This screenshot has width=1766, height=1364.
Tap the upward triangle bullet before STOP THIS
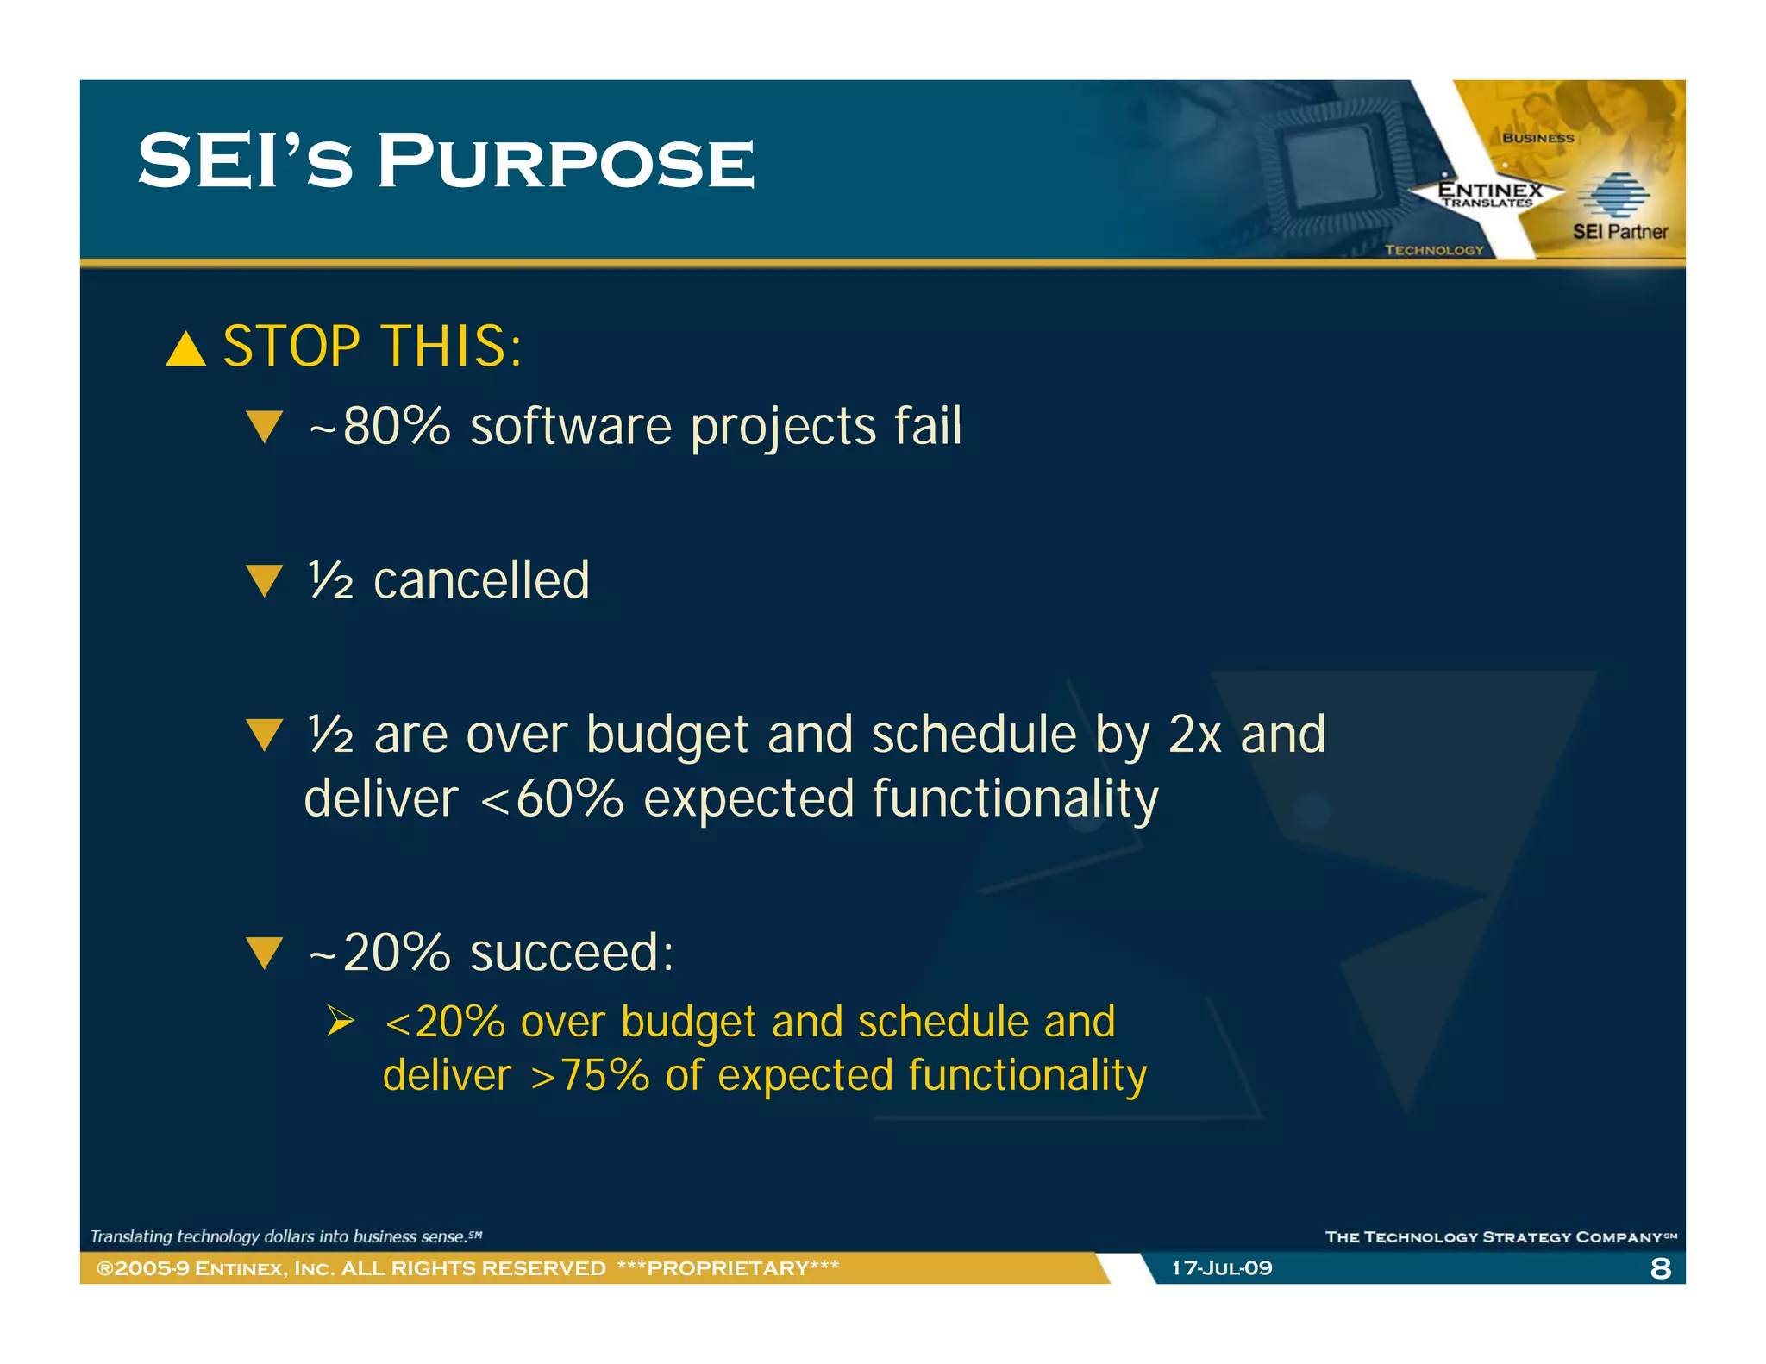(x=185, y=350)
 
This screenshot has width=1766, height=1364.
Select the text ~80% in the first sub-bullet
(x=379, y=426)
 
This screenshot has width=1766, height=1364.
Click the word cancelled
(x=481, y=580)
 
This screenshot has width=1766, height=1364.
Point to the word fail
(x=927, y=426)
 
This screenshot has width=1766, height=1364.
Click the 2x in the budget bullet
(x=1194, y=735)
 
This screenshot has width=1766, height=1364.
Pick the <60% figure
(x=552, y=799)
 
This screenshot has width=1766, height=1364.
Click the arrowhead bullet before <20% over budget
(x=341, y=1022)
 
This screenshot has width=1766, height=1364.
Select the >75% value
(x=590, y=1076)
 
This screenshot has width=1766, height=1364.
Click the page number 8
(x=1660, y=1268)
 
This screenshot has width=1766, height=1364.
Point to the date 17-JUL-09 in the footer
(x=1221, y=1268)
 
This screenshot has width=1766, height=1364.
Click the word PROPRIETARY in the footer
(x=728, y=1268)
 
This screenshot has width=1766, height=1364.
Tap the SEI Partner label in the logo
(x=1619, y=231)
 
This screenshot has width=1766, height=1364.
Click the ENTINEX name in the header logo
(x=1489, y=189)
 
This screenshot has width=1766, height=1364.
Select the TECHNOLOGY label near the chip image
(x=1433, y=250)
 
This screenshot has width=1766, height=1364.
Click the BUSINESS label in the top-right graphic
(x=1537, y=138)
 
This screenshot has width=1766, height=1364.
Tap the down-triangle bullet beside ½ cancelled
(x=264, y=580)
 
